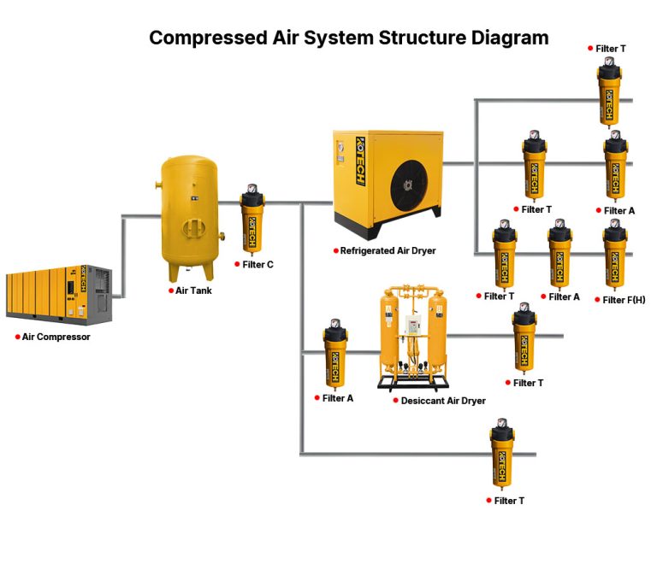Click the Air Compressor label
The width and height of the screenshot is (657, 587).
coord(56,338)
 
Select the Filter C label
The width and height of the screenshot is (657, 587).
coord(257,265)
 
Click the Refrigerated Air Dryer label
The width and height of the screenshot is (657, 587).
coord(388,251)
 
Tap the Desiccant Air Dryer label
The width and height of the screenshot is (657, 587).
coord(443,401)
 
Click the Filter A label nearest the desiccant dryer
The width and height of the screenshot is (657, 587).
coord(338,398)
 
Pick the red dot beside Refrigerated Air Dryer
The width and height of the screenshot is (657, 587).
coord(335,251)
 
